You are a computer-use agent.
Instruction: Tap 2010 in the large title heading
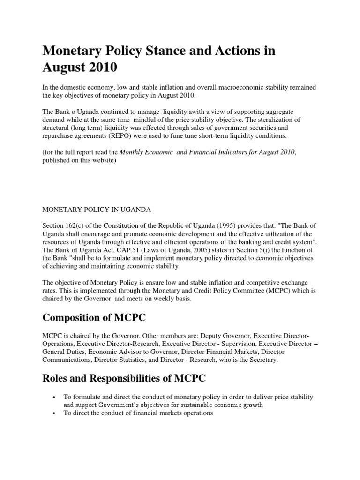100,68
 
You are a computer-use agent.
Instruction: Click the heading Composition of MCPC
94,318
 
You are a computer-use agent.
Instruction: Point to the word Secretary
263,360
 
